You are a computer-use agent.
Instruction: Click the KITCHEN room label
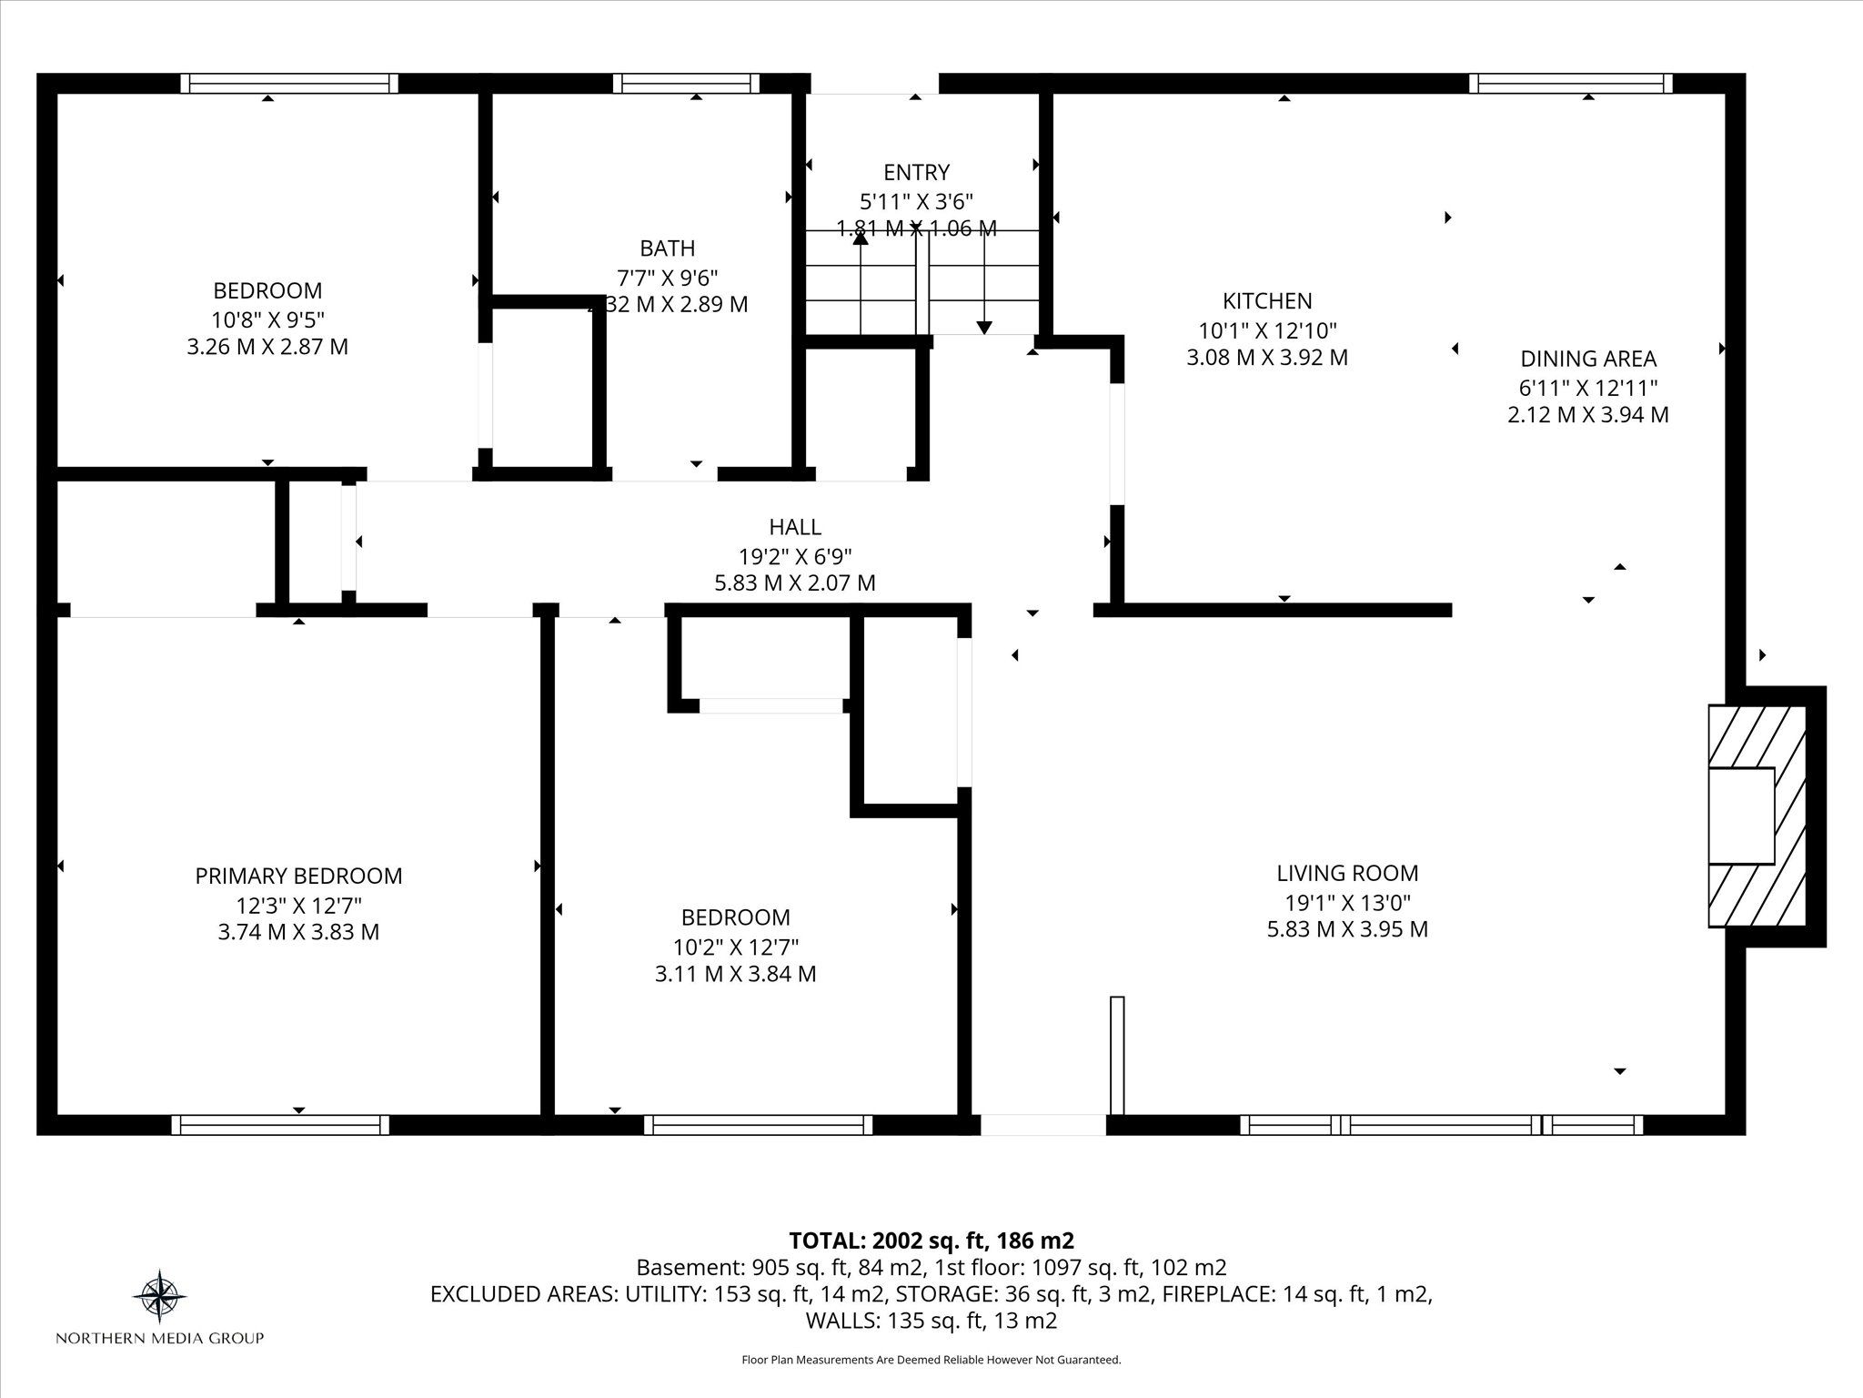click(x=1267, y=300)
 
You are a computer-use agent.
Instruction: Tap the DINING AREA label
click(x=1588, y=359)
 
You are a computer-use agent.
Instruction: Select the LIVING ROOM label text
click(x=1347, y=873)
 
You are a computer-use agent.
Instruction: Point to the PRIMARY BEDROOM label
click(x=298, y=876)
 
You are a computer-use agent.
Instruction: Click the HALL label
click(x=795, y=526)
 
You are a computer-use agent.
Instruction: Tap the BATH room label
click(x=668, y=248)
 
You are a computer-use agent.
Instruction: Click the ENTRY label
click(x=916, y=172)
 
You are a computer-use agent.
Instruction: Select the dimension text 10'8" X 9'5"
click(x=267, y=319)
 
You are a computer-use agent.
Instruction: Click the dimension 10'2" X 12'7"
click(x=736, y=946)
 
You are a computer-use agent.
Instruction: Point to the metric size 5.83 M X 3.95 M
click(x=1347, y=929)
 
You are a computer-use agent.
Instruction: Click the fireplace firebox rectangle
click(x=1741, y=815)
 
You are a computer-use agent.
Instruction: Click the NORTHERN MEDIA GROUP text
click(x=160, y=1338)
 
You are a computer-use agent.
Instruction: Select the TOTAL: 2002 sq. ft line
click(x=931, y=1241)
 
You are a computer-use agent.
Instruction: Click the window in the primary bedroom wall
click(x=280, y=1125)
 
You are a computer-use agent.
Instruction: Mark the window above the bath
click(x=686, y=84)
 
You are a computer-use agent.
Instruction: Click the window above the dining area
click(x=1571, y=84)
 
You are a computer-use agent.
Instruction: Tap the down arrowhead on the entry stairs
click(x=984, y=328)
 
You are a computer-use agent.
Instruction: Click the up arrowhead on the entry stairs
click(x=860, y=238)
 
